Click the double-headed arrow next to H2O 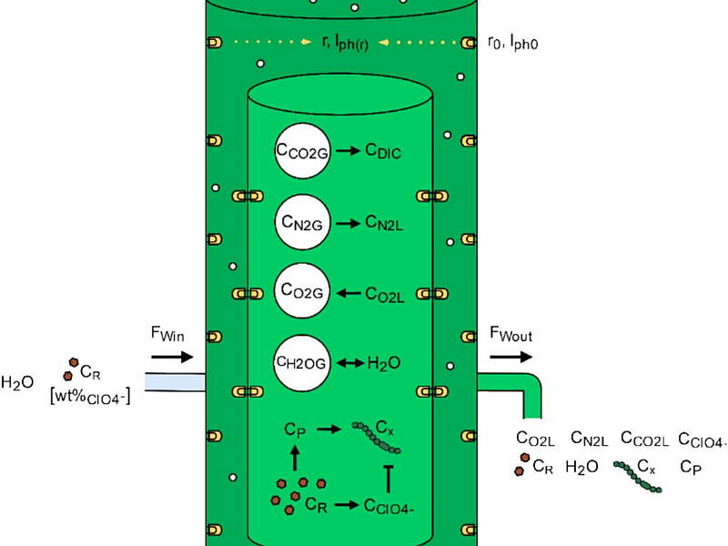(x=349, y=363)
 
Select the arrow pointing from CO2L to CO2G (x=349, y=292)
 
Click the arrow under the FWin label (x=172, y=357)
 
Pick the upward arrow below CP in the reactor (x=294, y=454)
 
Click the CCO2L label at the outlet (x=644, y=440)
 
